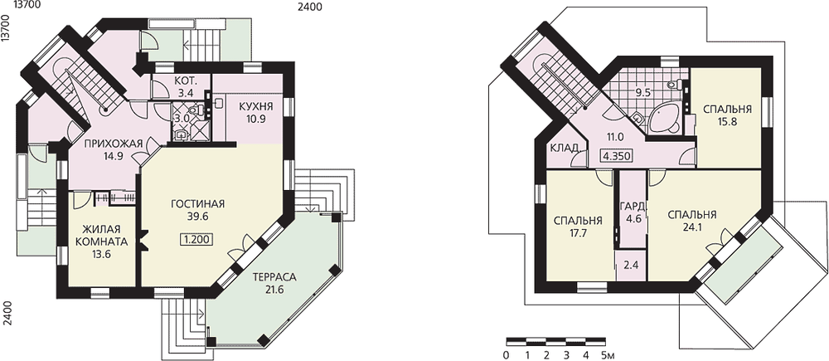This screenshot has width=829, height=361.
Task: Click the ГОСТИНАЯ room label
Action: click(x=198, y=204)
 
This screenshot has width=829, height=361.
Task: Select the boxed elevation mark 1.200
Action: click(x=198, y=239)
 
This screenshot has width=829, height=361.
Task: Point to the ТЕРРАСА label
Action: click(x=274, y=277)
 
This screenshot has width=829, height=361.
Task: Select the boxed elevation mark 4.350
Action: click(x=617, y=157)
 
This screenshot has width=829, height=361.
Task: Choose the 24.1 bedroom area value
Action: click(x=692, y=228)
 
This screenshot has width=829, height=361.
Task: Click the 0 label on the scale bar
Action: click(x=507, y=355)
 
